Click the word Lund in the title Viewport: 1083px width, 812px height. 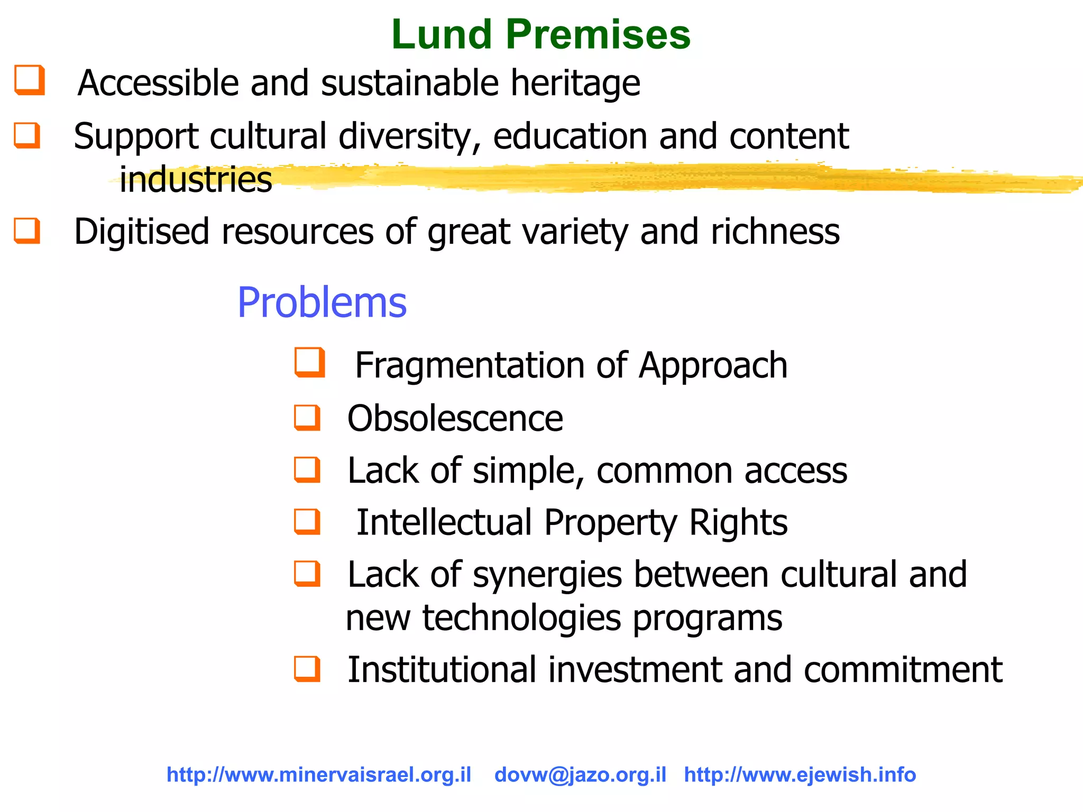click(442, 34)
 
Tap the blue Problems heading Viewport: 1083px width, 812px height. click(322, 302)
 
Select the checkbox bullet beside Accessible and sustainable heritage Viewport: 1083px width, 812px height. click(29, 80)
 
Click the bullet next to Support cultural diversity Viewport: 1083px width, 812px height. click(27, 135)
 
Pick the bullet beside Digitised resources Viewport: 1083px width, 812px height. click(27, 230)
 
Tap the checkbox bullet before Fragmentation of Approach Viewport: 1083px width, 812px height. click(309, 362)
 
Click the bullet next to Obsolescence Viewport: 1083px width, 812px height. click(307, 418)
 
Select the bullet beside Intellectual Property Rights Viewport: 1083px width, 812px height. click(307, 521)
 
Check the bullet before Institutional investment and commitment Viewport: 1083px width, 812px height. click(307, 669)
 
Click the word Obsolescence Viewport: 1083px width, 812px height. click(455, 419)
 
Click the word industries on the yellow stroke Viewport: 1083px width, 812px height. click(196, 180)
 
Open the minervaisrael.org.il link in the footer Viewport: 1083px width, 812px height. click(319, 775)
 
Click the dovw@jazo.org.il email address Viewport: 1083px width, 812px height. click(580, 775)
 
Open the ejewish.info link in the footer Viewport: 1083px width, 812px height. click(800, 775)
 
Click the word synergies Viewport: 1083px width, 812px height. click(547, 575)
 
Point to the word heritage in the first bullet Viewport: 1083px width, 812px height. click(575, 84)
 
